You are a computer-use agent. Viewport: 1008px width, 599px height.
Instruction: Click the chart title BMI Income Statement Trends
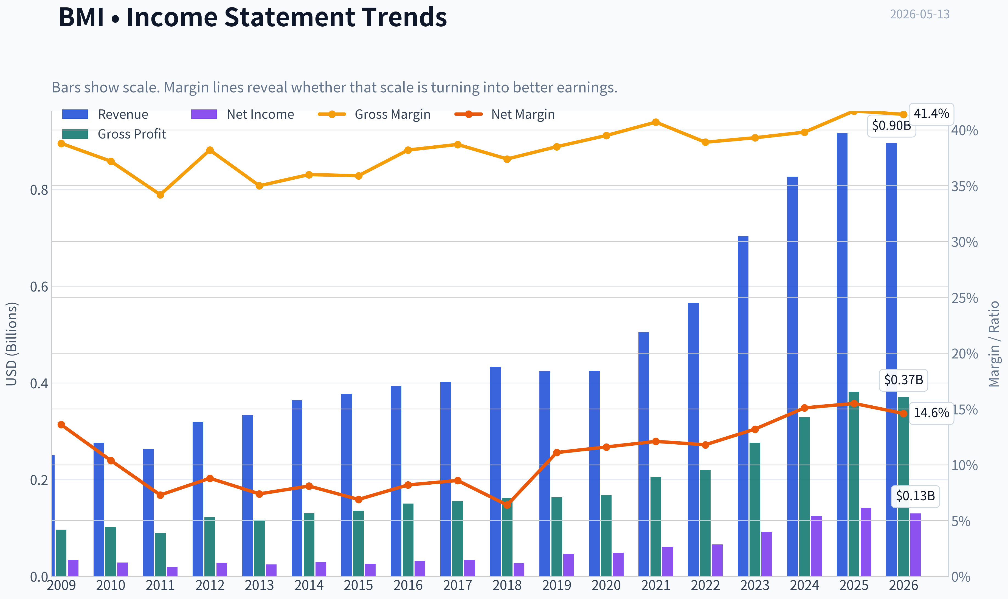253,17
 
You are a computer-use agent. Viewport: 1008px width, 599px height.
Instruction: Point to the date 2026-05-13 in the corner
920,15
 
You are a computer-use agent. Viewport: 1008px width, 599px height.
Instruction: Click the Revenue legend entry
105,114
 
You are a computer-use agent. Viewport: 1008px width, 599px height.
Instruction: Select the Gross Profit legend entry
114,134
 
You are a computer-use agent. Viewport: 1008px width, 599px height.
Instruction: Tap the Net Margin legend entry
505,114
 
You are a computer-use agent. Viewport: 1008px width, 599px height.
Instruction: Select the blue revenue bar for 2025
842,354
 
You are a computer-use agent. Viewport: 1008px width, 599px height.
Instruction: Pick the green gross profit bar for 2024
804,496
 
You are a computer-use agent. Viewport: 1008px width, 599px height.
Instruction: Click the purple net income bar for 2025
866,542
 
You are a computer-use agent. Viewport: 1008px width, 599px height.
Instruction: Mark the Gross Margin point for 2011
160,194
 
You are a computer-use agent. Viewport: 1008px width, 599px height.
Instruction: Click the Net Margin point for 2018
507,505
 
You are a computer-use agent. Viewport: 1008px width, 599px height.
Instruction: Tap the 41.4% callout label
931,114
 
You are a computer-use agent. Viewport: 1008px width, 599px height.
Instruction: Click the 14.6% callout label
931,413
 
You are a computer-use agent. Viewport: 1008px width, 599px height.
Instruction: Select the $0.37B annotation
903,380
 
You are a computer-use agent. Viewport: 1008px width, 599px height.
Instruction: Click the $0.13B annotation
915,496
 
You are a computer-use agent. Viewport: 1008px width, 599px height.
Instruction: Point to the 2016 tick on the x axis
408,586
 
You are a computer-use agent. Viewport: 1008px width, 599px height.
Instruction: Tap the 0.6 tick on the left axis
39,287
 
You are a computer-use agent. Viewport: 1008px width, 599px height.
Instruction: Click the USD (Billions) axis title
12,344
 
